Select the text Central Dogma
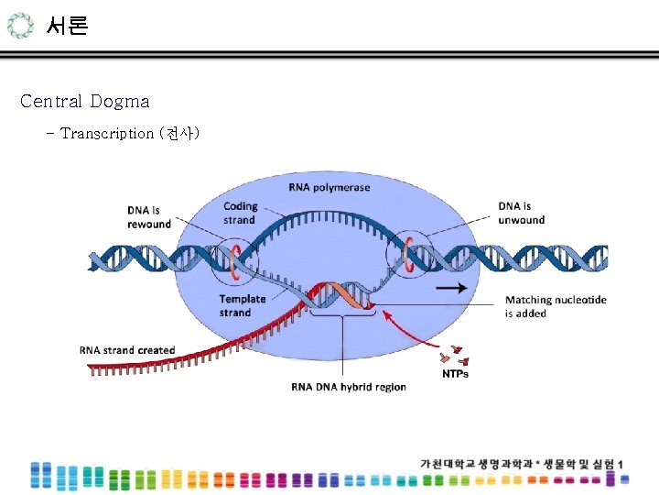click(84, 101)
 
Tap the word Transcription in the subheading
click(107, 134)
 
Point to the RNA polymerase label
click(329, 188)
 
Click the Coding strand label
click(241, 214)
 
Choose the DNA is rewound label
click(149, 217)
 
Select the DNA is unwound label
click(522, 213)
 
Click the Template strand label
click(243, 305)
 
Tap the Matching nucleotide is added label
click(556, 306)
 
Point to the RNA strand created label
click(127, 350)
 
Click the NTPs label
click(455, 374)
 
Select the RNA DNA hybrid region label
click(349, 387)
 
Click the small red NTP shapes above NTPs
click(454, 357)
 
